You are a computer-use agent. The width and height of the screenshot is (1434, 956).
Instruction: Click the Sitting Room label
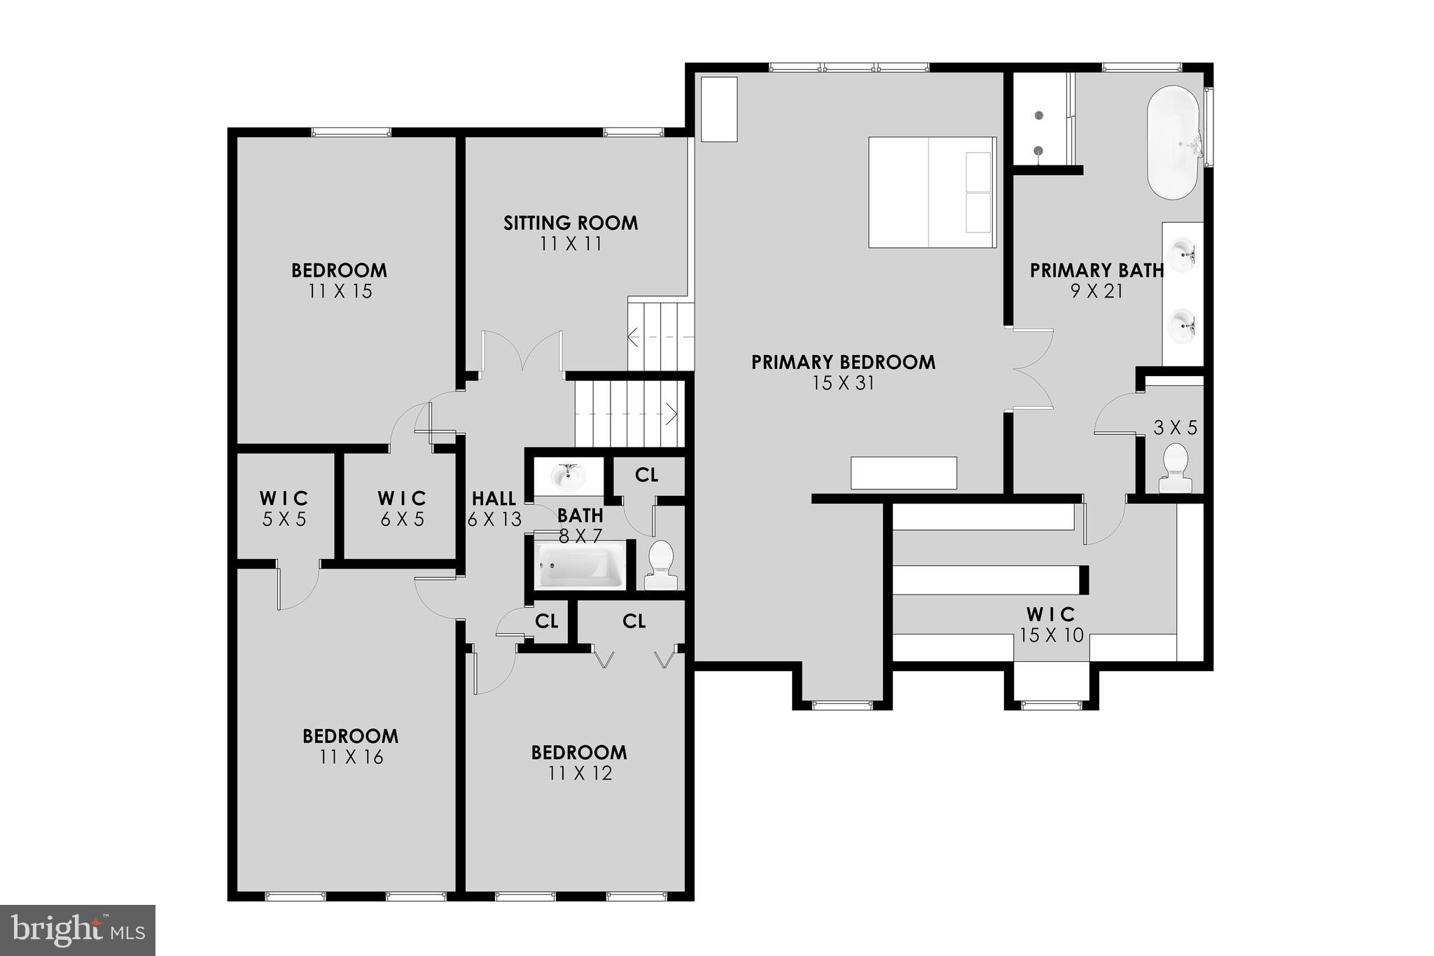(x=571, y=223)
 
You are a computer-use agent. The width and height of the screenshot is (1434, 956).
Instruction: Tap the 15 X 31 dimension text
(x=843, y=383)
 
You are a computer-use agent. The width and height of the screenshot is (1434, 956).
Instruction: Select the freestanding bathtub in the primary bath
(x=1174, y=143)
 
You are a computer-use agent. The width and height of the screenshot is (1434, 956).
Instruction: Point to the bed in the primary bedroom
(x=931, y=193)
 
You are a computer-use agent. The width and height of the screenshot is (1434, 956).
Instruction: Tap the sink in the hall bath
(x=568, y=477)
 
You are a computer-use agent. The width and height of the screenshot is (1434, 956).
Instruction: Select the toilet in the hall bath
(x=660, y=564)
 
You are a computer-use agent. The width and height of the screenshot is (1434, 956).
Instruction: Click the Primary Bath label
(x=1097, y=270)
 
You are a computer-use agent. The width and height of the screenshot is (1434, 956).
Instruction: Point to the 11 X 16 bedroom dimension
(x=351, y=757)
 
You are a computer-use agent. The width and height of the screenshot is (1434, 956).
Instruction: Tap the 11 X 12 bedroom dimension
(x=580, y=773)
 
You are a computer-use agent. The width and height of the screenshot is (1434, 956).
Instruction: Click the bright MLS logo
(x=78, y=930)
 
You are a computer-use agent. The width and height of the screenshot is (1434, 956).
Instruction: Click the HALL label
(x=494, y=499)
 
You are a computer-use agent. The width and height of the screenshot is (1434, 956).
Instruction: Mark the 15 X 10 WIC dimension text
(x=1051, y=635)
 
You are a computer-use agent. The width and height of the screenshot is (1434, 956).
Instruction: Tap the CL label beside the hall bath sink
(x=646, y=475)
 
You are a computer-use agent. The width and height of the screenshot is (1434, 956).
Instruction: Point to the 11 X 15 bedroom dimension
(x=340, y=291)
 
